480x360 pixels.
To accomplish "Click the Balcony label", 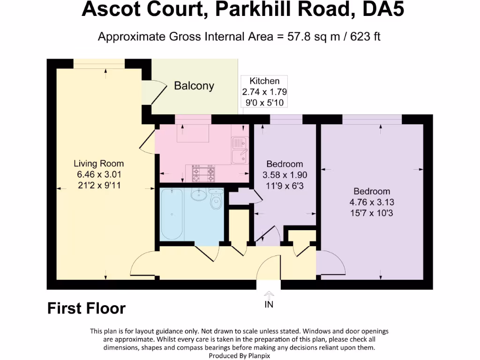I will click(194, 86).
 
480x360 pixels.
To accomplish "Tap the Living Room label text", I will click(98, 164).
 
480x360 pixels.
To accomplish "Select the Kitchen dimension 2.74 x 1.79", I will click(264, 92).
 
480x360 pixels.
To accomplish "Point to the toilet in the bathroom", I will click(216, 200).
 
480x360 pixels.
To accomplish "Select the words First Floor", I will click(86, 308).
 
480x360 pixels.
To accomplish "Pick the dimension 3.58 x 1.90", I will click(285, 174).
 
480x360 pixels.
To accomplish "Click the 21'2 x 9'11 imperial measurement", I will click(98, 185).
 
